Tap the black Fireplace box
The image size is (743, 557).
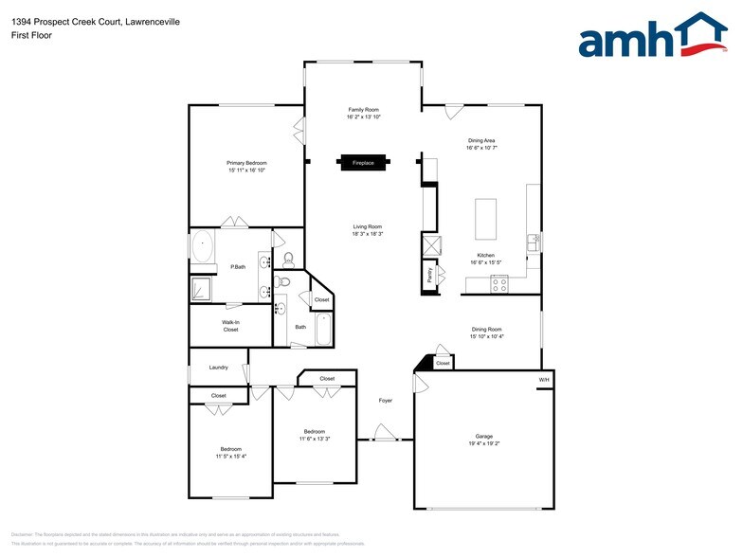pos(363,163)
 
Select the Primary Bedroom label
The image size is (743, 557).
pos(246,163)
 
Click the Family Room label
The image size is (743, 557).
pos(363,110)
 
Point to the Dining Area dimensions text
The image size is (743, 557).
pos(481,148)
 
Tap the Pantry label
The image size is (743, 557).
pos(429,275)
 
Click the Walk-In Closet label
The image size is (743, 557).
pos(230,326)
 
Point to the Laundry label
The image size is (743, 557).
pos(218,368)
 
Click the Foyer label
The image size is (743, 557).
pos(386,401)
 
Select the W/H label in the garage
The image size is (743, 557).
pos(544,380)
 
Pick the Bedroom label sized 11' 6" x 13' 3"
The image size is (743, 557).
pos(314,431)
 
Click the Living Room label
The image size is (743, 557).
pos(368,226)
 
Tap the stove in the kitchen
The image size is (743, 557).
pos(499,282)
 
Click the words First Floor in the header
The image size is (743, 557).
pos(33,35)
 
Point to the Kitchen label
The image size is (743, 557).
pos(485,256)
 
